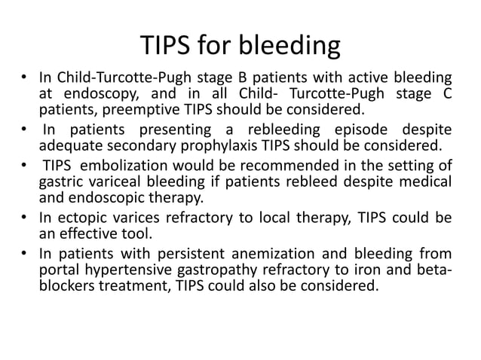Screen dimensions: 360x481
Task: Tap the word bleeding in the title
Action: click(290, 47)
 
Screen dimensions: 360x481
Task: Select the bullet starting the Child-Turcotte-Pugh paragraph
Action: click(26, 77)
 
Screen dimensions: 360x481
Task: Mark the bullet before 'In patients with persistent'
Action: click(26, 252)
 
